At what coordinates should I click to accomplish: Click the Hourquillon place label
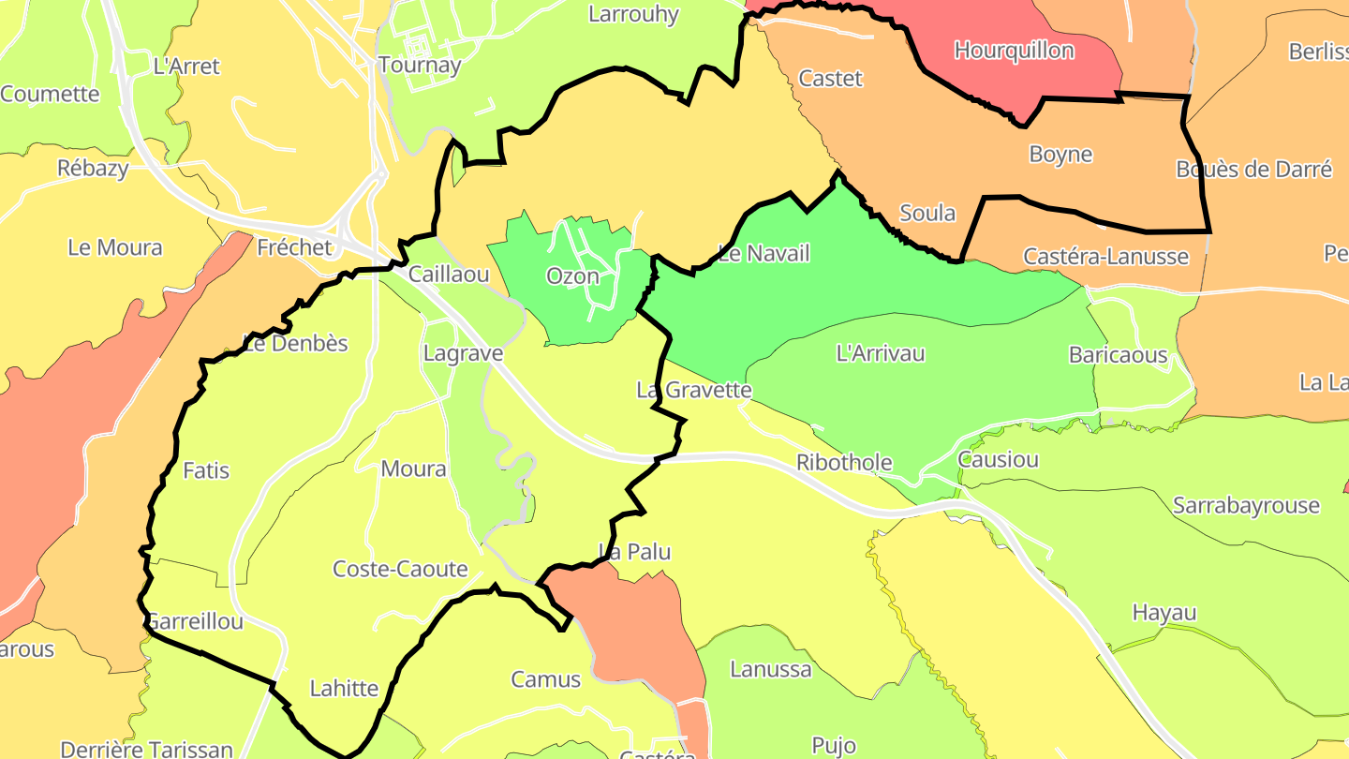click(x=1014, y=50)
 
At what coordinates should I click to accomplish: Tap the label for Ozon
click(x=572, y=276)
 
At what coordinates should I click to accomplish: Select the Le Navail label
click(x=763, y=253)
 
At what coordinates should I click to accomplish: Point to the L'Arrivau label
click(x=880, y=353)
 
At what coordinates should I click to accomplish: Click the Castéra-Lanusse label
click(x=1105, y=256)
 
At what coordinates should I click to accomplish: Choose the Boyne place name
click(x=1060, y=154)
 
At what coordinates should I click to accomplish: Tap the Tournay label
click(x=420, y=65)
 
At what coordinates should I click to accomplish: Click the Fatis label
click(x=206, y=470)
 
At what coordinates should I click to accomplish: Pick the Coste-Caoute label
click(x=400, y=569)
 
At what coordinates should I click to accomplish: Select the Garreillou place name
click(x=195, y=621)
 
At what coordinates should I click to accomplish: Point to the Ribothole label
click(x=843, y=462)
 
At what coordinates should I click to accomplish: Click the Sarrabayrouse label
click(x=1246, y=506)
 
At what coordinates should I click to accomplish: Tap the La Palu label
click(x=635, y=551)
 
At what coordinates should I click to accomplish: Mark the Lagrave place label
click(x=463, y=354)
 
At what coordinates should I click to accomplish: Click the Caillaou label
click(x=449, y=275)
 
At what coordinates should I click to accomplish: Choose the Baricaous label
click(x=1118, y=355)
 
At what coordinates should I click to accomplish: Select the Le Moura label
click(x=114, y=247)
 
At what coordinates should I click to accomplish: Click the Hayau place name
click(x=1164, y=613)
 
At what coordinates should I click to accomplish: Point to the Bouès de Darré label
click(x=1253, y=170)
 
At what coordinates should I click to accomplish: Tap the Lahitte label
click(x=344, y=689)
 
